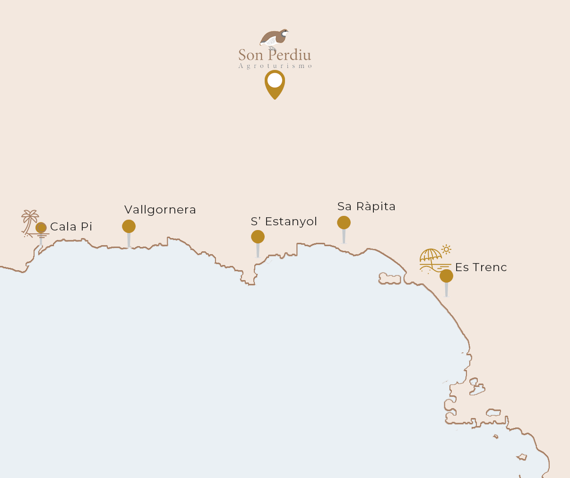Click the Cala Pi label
[x=71, y=227]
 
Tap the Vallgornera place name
[x=160, y=210]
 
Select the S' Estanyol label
[x=284, y=222]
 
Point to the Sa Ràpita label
[x=366, y=206]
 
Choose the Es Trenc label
[x=481, y=267]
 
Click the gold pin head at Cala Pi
[x=41, y=228]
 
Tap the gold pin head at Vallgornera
[x=129, y=226]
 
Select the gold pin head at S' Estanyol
[x=258, y=237]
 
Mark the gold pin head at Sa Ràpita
[x=344, y=222]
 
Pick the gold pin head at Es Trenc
[x=446, y=276]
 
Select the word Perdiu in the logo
[x=289, y=55]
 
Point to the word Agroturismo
[x=275, y=66]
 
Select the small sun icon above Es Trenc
[x=446, y=249]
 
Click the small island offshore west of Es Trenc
[x=389, y=279]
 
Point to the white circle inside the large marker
[x=275, y=80]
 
